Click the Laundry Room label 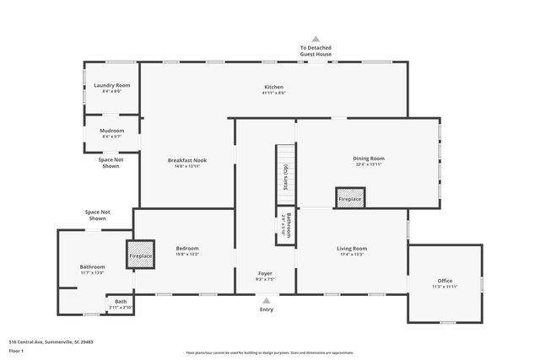click(x=111, y=85)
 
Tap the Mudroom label click(x=112, y=131)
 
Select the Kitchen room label click(x=273, y=87)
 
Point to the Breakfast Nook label click(x=186, y=160)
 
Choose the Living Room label click(x=352, y=248)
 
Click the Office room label click(x=445, y=281)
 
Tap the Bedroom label click(x=186, y=248)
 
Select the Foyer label click(x=266, y=274)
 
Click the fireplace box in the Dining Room click(x=349, y=197)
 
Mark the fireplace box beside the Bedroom click(x=141, y=255)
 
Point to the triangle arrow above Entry click(x=267, y=299)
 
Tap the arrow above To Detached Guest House click(x=316, y=39)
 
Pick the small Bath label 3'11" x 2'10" click(x=121, y=302)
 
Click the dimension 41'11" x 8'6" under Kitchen click(x=273, y=93)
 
